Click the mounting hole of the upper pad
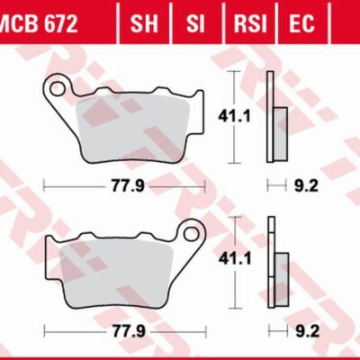pyautogui.click(x=59, y=89)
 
